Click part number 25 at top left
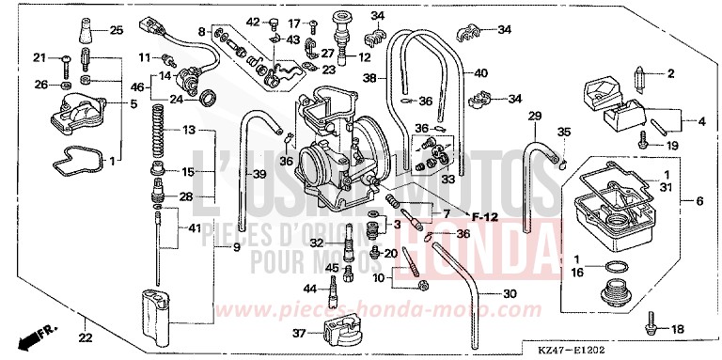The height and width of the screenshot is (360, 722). [116, 30]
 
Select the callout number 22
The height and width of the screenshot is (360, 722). [85, 338]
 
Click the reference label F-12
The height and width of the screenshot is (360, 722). [485, 217]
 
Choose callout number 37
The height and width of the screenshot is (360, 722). [300, 334]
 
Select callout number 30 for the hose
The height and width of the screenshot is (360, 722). [509, 294]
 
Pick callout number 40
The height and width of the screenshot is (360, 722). [481, 73]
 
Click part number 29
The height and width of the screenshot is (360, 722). [534, 116]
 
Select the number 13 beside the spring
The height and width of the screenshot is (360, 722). [188, 129]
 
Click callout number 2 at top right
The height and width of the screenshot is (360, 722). [671, 72]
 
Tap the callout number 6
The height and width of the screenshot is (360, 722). [698, 201]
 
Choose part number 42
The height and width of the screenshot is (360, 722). [252, 22]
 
